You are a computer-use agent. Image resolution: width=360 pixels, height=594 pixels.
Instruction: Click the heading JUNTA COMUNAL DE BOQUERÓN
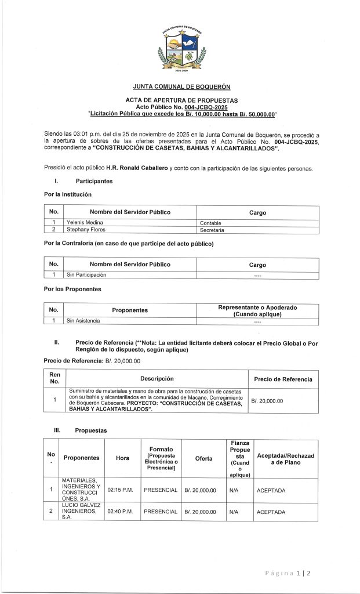tap(181, 87)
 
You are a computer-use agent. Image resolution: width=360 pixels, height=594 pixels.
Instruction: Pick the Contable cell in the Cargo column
tap(210, 222)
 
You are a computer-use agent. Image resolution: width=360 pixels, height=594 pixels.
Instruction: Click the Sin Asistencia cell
tap(83, 320)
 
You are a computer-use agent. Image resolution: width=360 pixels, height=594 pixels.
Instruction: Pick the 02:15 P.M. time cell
tap(121, 490)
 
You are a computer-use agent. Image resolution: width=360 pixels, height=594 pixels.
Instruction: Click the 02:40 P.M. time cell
tap(121, 512)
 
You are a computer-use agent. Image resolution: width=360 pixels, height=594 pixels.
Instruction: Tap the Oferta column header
tap(203, 458)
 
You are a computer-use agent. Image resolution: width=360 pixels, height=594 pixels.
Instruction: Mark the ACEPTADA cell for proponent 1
tap(271, 490)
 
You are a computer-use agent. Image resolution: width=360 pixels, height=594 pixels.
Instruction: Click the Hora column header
tap(122, 458)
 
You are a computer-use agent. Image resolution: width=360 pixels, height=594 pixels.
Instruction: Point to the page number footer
tap(288, 574)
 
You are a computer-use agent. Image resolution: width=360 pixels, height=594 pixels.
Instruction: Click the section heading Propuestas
tap(90, 431)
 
